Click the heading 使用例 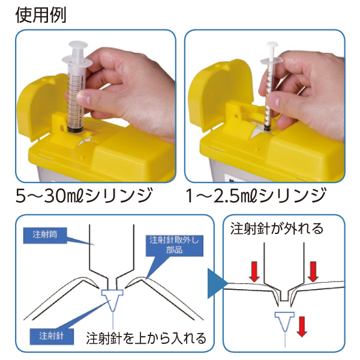tap(41, 15)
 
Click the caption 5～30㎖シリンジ tap(84, 196)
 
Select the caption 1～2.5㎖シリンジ tap(256, 196)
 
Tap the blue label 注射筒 tap(45, 235)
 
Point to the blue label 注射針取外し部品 tap(175, 245)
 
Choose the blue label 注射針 tap(52, 336)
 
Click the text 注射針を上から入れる tap(146, 338)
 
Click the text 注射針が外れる tap(277, 229)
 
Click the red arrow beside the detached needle tap(302, 326)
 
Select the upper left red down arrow tap(254, 271)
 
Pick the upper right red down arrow tap(313, 271)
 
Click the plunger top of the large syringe tap(78, 44)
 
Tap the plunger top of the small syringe tap(272, 44)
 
